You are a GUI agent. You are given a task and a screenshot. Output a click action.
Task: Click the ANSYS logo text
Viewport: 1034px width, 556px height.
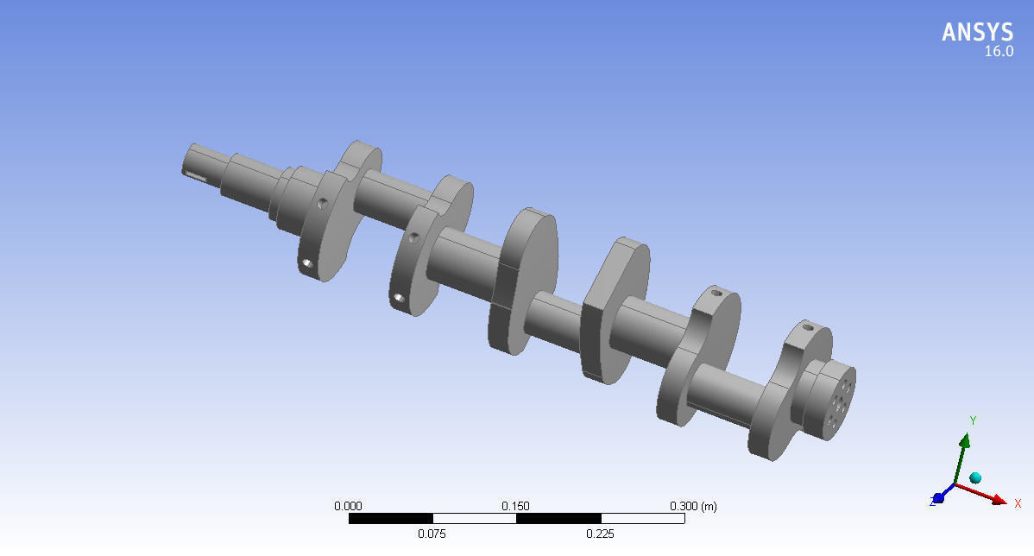pyautogui.click(x=977, y=32)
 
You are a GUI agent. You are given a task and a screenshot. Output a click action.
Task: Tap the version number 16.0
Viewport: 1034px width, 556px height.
pyautogui.click(x=999, y=52)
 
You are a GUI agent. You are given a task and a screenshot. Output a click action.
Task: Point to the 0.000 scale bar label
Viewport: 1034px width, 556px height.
pyautogui.click(x=348, y=506)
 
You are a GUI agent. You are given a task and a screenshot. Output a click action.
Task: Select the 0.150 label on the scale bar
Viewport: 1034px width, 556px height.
pyautogui.click(x=515, y=506)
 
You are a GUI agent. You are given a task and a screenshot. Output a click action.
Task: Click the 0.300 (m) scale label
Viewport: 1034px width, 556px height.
pyautogui.click(x=692, y=506)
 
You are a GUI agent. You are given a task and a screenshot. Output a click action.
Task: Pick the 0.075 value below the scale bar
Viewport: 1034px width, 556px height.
pyautogui.click(x=432, y=534)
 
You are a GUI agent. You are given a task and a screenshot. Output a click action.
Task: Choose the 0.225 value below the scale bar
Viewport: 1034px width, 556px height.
pyautogui.click(x=600, y=534)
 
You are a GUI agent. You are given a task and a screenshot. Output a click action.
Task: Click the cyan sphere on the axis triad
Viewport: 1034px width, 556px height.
pyautogui.click(x=975, y=477)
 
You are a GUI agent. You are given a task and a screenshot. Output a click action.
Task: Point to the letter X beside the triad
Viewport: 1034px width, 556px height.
pyautogui.click(x=1018, y=503)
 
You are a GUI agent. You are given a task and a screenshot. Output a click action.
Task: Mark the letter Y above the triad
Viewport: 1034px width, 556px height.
pyautogui.click(x=973, y=420)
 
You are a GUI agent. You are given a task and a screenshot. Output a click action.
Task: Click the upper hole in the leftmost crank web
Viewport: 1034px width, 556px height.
pyautogui.click(x=321, y=204)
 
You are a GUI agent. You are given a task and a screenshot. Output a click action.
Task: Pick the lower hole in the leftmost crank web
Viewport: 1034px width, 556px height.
pyautogui.click(x=306, y=262)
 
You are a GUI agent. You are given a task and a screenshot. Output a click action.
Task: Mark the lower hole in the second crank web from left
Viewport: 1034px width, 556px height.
pyautogui.click(x=398, y=298)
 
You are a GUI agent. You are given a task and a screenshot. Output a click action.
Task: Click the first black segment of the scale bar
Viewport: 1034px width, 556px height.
pyautogui.click(x=390, y=519)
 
